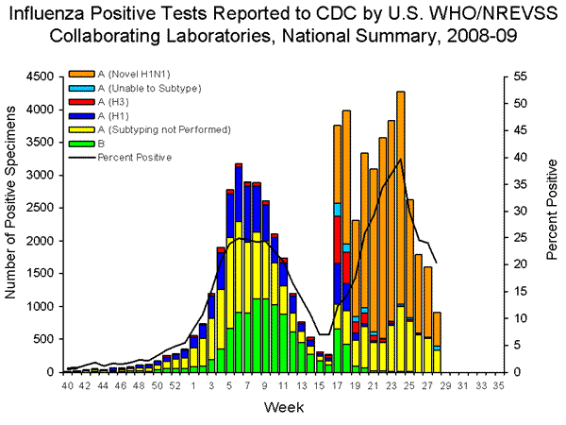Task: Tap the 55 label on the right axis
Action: [x=517, y=76]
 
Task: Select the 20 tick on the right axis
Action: [x=517, y=264]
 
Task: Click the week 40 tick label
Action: [x=67, y=386]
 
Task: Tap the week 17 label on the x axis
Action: [x=338, y=386]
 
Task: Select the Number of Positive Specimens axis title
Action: [x=13, y=224]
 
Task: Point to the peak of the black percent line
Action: [x=401, y=159]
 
